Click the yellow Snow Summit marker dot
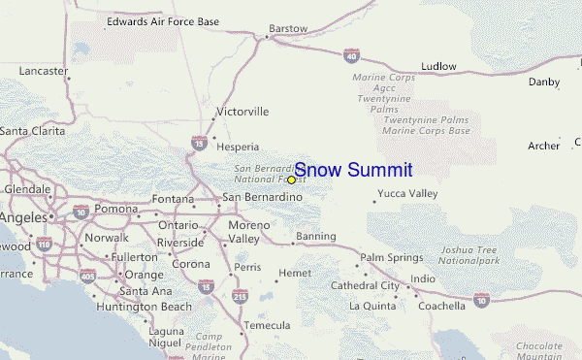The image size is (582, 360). click(291, 180)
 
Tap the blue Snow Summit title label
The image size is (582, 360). click(353, 170)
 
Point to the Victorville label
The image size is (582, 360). click(242, 112)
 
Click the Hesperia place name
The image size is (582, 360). click(238, 147)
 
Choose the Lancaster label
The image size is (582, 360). click(40, 71)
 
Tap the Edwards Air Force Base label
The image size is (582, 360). click(163, 19)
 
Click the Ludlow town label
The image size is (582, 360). click(438, 66)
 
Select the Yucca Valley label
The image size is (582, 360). click(407, 193)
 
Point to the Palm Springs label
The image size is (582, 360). click(392, 257)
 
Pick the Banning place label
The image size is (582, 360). click(315, 236)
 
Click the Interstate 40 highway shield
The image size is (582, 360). click(351, 56)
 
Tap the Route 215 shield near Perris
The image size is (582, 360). click(241, 296)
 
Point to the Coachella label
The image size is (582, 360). click(441, 306)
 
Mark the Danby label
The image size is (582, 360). click(544, 82)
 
